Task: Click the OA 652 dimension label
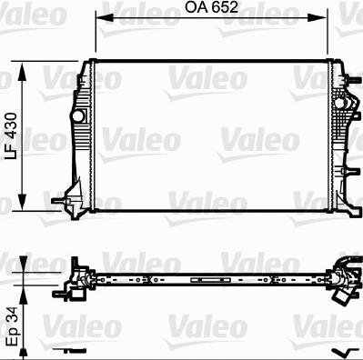pyautogui.click(x=211, y=7)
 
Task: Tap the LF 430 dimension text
pyautogui.click(x=12, y=135)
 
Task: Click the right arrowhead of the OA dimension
pyautogui.click(x=318, y=17)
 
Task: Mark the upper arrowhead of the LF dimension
pyautogui.click(x=22, y=72)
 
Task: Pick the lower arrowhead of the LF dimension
pyautogui.click(x=22, y=201)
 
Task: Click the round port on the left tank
pyautogui.click(x=78, y=116)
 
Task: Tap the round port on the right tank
pyautogui.click(x=339, y=103)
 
